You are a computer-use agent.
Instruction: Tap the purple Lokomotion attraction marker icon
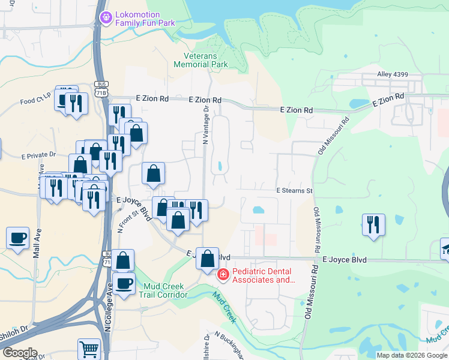pos(106,18)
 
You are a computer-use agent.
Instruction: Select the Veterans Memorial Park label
pos(200,59)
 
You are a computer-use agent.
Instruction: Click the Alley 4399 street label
pos(393,74)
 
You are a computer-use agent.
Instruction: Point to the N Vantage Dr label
pos(205,125)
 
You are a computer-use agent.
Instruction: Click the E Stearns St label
pos(295,191)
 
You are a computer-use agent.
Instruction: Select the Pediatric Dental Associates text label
pos(264,275)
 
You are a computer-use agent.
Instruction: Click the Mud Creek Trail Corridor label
pos(163,290)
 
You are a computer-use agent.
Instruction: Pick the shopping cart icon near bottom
pos(89,349)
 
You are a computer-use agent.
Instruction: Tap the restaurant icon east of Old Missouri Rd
pos(373,225)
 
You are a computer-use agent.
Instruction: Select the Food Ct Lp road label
pos(35,102)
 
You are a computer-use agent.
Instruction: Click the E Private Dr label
pos(38,155)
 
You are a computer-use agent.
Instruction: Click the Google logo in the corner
pos(19,353)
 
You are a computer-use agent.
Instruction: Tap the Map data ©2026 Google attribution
pos(412,355)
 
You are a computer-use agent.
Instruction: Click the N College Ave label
pos(109,316)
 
